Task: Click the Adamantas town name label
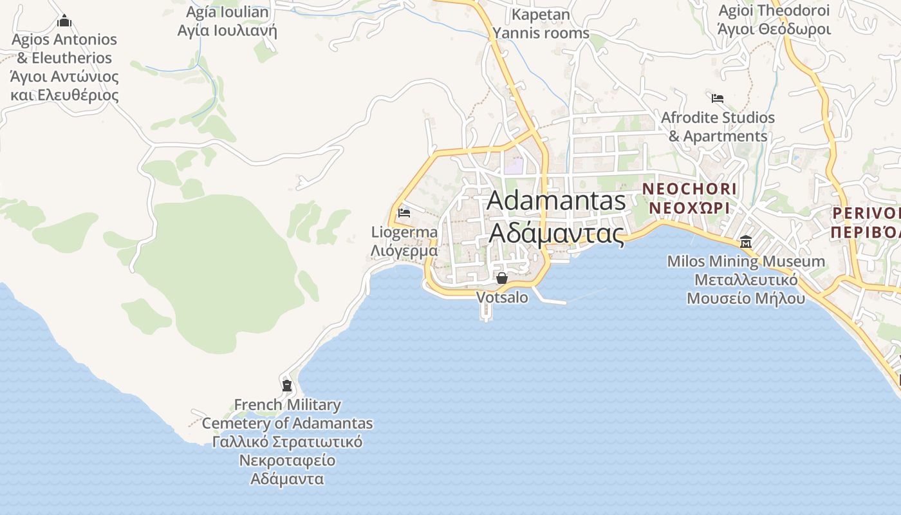pos(556,200)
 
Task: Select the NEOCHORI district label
pos(689,189)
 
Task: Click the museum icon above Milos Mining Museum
pos(746,242)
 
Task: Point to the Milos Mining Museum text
pos(746,262)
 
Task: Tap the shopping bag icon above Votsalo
pos(502,278)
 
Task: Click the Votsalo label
pos(502,297)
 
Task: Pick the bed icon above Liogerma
pos(404,212)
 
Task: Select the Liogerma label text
pos(404,232)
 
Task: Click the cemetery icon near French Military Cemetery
pos(287,386)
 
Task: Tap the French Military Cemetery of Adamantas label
pos(287,414)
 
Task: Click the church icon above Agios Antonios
pos(64,21)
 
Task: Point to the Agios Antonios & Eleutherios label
pos(64,48)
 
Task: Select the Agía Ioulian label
pos(227,12)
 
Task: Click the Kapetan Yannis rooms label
pos(541,24)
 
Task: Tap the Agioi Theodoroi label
pos(774,10)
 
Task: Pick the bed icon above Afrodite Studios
pos(718,98)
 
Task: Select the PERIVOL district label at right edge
pos(866,213)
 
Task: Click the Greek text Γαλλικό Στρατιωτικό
pos(287,442)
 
